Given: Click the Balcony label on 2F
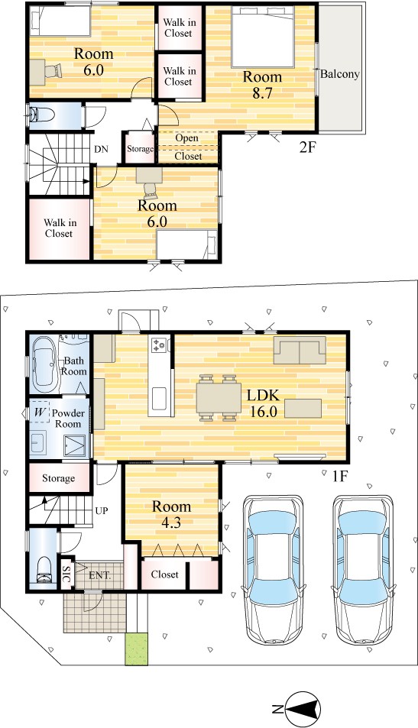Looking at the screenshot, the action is (x=340, y=74).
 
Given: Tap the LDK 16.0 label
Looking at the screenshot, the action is (x=263, y=403).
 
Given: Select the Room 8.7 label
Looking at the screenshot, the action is (x=262, y=85).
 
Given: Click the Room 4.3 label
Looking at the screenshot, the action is (x=171, y=514).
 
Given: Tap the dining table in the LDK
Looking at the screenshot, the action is (x=219, y=397).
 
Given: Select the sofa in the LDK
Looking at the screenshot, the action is (x=300, y=350).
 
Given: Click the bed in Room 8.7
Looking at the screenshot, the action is (x=262, y=37).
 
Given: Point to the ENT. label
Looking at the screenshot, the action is (x=100, y=576).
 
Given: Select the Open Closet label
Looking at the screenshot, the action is (x=188, y=147).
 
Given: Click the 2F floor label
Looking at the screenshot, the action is (x=307, y=148).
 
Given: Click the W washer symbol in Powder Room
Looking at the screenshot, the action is (x=40, y=412).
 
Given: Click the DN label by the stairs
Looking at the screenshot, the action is (x=101, y=150).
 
